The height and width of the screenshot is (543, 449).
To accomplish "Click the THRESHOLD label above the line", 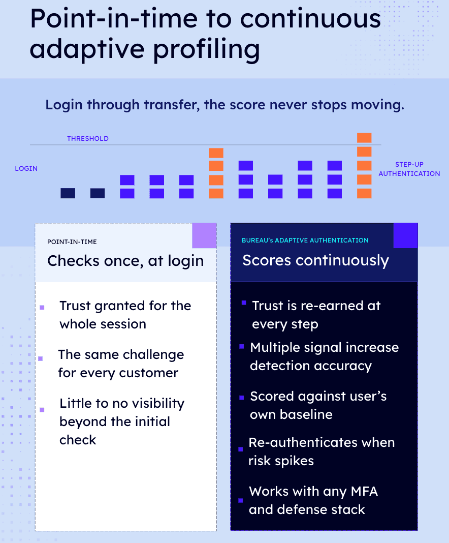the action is (x=88, y=138).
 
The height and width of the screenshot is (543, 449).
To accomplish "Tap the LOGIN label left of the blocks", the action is (x=26, y=169).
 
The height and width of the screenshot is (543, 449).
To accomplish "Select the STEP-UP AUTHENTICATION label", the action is (x=409, y=169).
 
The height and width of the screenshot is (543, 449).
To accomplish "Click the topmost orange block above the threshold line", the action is (x=364, y=138).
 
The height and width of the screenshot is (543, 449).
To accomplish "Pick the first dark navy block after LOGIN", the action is (x=68, y=193).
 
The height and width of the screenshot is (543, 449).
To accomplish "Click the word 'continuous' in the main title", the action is (x=310, y=19).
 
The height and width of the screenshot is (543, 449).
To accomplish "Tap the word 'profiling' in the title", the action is (x=207, y=49).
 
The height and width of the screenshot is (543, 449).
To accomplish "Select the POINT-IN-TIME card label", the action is (x=72, y=242).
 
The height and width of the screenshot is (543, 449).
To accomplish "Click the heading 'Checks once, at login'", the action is (x=125, y=261).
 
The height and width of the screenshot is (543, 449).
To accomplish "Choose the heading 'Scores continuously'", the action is (x=316, y=260).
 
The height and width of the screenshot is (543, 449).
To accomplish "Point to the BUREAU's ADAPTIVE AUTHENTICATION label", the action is (x=305, y=240).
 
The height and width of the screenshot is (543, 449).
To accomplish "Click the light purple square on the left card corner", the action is (x=204, y=235).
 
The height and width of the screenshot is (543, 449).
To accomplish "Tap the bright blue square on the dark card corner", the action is (x=405, y=235).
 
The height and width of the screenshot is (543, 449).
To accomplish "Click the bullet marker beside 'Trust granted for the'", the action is (x=42, y=308).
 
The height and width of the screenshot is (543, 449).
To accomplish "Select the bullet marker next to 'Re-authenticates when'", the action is (x=241, y=449).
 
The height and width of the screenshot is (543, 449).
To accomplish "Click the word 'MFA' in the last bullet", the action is (x=364, y=492).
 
